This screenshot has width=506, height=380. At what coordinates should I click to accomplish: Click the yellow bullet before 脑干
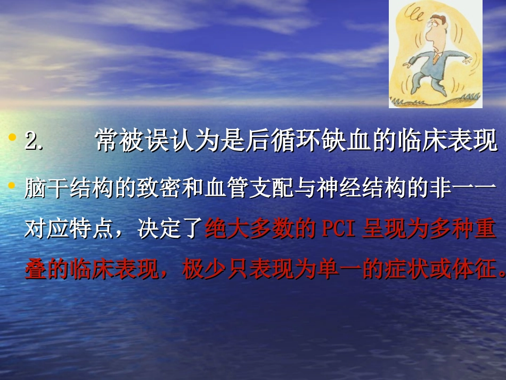coord(11,185)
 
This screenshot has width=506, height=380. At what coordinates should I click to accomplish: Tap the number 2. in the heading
coord(34,142)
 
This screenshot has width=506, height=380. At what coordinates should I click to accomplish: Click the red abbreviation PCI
coord(340,230)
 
